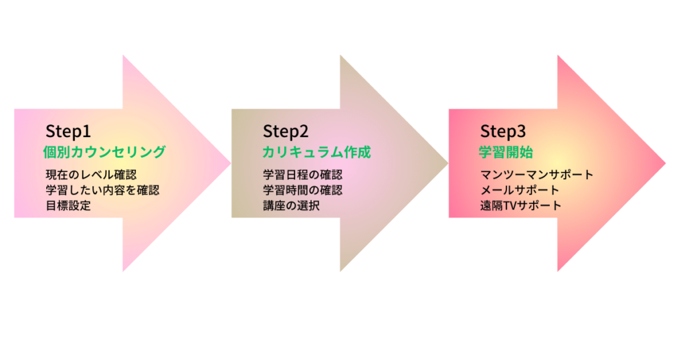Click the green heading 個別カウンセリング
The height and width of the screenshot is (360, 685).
click(104, 152)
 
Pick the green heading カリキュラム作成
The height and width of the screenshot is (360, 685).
click(316, 152)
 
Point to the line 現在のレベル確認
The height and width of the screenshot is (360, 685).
click(91, 175)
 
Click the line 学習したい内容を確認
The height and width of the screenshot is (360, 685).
click(102, 190)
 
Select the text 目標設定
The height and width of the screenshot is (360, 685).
click(68, 205)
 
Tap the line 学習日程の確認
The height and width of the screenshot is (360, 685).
click(302, 175)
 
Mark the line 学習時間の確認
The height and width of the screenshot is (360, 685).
click(302, 190)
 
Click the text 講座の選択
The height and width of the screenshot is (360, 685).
click(291, 205)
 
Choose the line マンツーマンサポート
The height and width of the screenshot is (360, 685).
click(536, 175)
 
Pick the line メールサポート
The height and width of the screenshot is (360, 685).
click(519, 190)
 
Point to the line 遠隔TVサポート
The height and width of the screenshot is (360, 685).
click(520, 205)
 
